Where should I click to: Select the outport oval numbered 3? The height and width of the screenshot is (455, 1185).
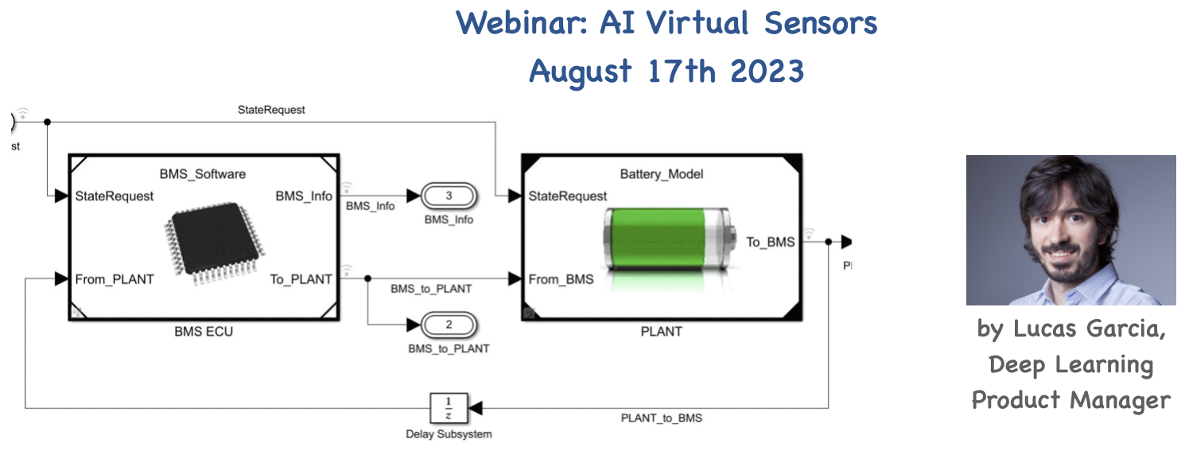click(x=449, y=196)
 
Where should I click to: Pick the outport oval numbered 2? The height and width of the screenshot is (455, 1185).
click(x=449, y=325)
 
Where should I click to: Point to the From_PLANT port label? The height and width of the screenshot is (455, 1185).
click(x=115, y=279)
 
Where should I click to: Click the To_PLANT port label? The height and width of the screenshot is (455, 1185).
click(x=301, y=279)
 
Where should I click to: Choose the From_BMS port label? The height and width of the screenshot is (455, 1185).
click(x=561, y=279)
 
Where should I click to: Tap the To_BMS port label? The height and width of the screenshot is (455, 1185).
click(x=770, y=242)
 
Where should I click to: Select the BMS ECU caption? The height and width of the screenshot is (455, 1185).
click(x=204, y=331)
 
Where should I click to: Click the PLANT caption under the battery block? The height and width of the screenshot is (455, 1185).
click(x=661, y=331)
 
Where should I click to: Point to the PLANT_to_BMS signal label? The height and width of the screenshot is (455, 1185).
click(x=662, y=418)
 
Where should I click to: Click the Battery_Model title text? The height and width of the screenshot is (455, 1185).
click(x=661, y=173)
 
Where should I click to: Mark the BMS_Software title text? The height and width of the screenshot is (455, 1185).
click(x=203, y=173)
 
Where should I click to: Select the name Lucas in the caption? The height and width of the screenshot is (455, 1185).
click(x=1047, y=329)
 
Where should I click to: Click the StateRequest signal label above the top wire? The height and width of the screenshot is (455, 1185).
click(x=271, y=110)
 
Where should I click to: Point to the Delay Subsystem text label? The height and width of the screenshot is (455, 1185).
click(x=449, y=434)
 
